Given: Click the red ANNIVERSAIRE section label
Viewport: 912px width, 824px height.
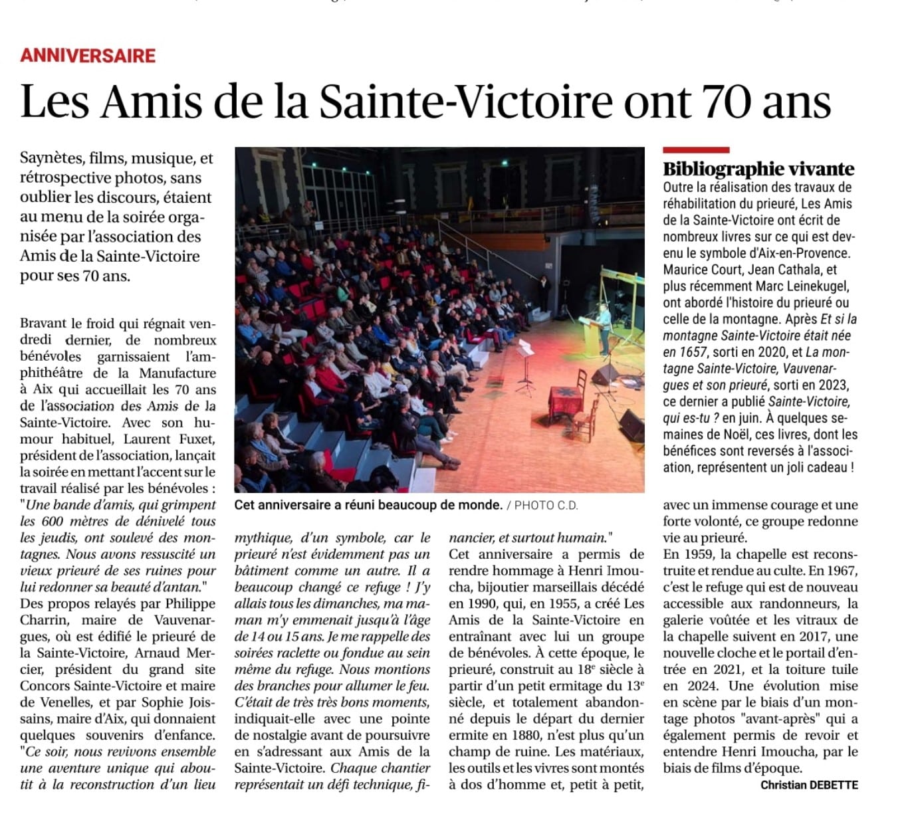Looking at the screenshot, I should (88, 55).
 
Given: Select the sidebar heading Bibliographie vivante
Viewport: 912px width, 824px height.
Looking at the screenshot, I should (758, 169).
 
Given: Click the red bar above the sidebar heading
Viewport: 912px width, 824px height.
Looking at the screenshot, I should (696, 150).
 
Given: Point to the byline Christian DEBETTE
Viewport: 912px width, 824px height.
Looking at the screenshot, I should (809, 785).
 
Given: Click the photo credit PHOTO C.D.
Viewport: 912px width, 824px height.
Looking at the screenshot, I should (546, 505).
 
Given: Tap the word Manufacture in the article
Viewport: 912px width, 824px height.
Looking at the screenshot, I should (177, 373).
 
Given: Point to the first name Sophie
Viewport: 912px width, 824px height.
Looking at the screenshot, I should (159, 702).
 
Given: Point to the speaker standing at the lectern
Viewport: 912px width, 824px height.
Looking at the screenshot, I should (604, 326).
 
